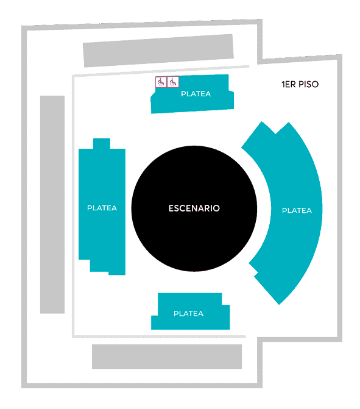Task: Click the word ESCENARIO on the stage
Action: pyautogui.click(x=194, y=208)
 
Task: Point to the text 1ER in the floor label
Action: pyautogui.click(x=288, y=84)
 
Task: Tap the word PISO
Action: pyautogui.click(x=308, y=84)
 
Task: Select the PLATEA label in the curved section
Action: pyautogui.click(x=297, y=210)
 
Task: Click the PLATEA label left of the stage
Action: pyautogui.click(x=102, y=208)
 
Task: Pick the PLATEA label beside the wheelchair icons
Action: pyautogui.click(x=196, y=94)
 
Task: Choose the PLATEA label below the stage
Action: pyautogui.click(x=188, y=313)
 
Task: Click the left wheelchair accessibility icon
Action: pyautogui.click(x=161, y=82)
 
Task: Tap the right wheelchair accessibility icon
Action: pyautogui.click(x=173, y=82)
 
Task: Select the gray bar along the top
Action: pyautogui.click(x=158, y=51)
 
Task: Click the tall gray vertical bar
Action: pyautogui.click(x=52, y=205)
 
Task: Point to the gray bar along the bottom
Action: pyautogui.click(x=167, y=357)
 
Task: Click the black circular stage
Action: pyautogui.click(x=194, y=208)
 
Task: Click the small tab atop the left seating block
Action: pyautogui.click(x=102, y=143)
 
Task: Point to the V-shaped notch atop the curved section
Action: pyautogui.click(x=275, y=134)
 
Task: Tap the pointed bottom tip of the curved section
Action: pyautogui.click(x=279, y=304)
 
